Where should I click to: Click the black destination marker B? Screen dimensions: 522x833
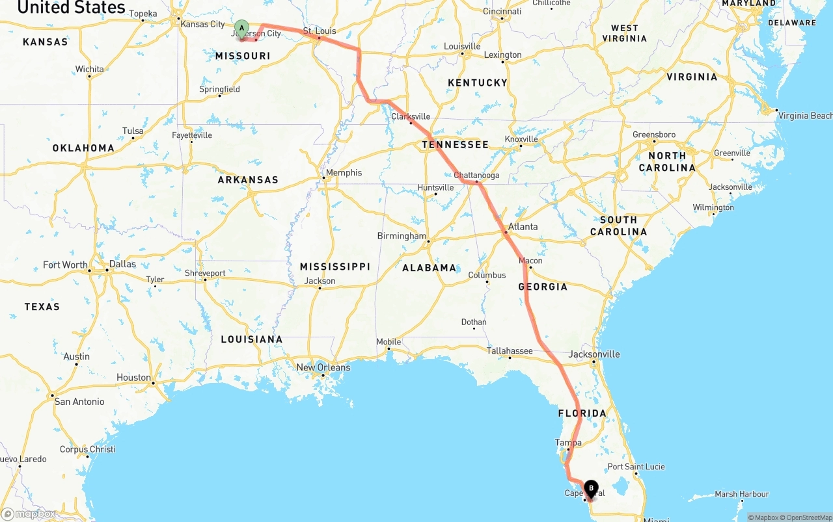pyautogui.click(x=591, y=488)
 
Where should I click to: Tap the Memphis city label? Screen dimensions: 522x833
pyautogui.click(x=344, y=172)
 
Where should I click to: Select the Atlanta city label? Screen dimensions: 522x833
pyautogui.click(x=523, y=226)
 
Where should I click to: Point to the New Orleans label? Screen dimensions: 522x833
pyautogui.click(x=323, y=367)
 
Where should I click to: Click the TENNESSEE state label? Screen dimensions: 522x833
pyautogui.click(x=455, y=144)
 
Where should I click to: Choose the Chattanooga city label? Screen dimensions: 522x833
pyautogui.click(x=476, y=175)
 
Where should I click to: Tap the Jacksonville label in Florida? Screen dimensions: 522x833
pyautogui.click(x=594, y=354)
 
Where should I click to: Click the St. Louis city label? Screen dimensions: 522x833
pyautogui.click(x=320, y=31)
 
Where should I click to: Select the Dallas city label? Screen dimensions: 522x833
pyautogui.click(x=123, y=264)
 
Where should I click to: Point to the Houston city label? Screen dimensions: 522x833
pyautogui.click(x=133, y=377)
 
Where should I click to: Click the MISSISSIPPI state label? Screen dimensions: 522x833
pyautogui.click(x=335, y=267)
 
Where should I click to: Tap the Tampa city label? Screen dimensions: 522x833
pyautogui.click(x=568, y=443)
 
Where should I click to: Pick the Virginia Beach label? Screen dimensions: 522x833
pyautogui.click(x=805, y=116)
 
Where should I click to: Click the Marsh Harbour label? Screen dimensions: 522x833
pyautogui.click(x=742, y=494)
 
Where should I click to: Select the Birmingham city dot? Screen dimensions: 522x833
pyautogui.click(x=428, y=242)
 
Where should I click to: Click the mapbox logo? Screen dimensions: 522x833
pyautogui.click(x=29, y=514)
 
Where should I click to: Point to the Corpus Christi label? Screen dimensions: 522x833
pyautogui.click(x=87, y=449)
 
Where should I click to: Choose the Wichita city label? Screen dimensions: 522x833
pyautogui.click(x=89, y=69)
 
